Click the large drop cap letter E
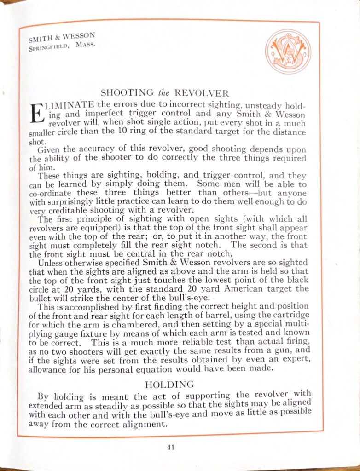pos(35,114)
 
